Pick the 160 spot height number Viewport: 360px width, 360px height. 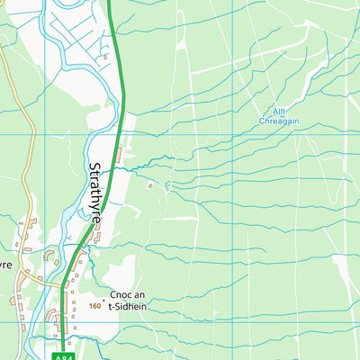94,306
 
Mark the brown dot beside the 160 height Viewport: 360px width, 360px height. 104,300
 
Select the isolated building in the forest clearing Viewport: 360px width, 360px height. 150,186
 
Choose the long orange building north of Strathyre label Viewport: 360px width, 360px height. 119,154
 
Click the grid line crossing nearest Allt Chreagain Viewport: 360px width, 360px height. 233,134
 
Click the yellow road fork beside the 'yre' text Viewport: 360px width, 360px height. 20,274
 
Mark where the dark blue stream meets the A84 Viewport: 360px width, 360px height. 114,167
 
